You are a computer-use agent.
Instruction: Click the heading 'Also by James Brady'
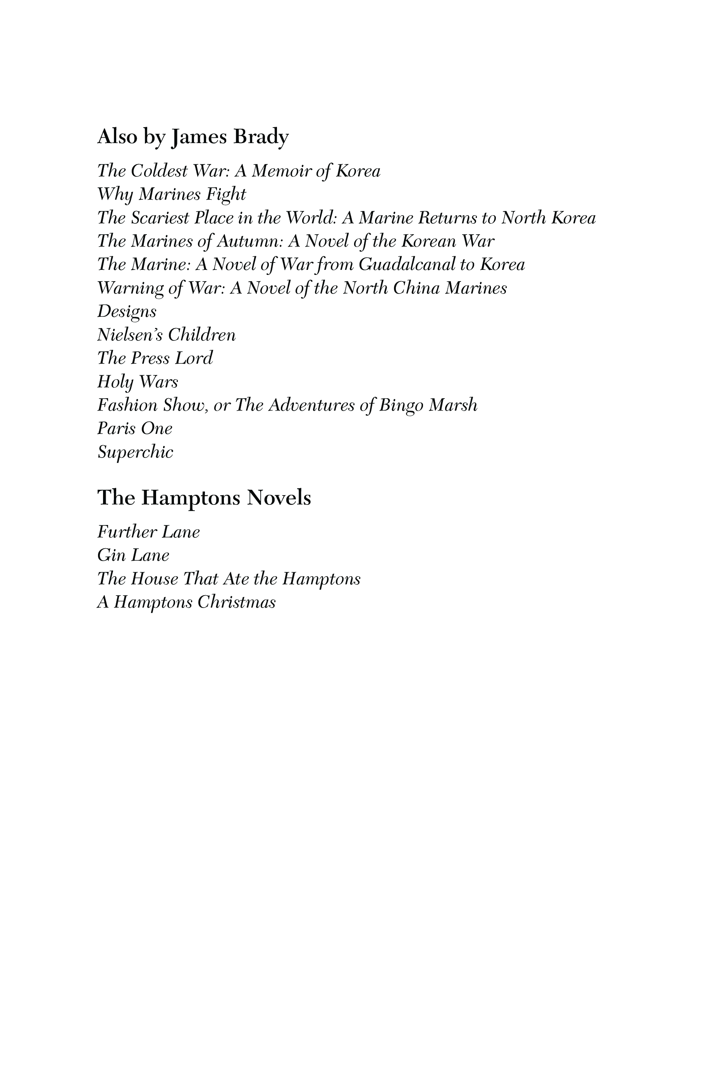(193, 136)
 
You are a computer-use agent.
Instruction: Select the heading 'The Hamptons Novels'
(204, 497)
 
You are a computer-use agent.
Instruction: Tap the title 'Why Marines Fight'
(171, 195)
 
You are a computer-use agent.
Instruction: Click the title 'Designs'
(127, 312)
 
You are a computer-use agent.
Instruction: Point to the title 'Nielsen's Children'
(166, 335)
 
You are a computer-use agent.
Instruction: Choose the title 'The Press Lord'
(155, 359)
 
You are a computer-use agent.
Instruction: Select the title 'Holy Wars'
(138, 382)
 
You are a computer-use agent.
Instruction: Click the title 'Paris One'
(135, 428)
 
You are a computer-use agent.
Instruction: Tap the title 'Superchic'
(135, 453)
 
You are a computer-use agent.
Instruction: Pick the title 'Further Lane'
(148, 532)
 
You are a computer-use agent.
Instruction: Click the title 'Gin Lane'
(133, 555)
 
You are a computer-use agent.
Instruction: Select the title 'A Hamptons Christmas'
(186, 603)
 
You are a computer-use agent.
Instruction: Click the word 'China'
(416, 288)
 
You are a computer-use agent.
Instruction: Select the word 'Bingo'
(401, 405)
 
